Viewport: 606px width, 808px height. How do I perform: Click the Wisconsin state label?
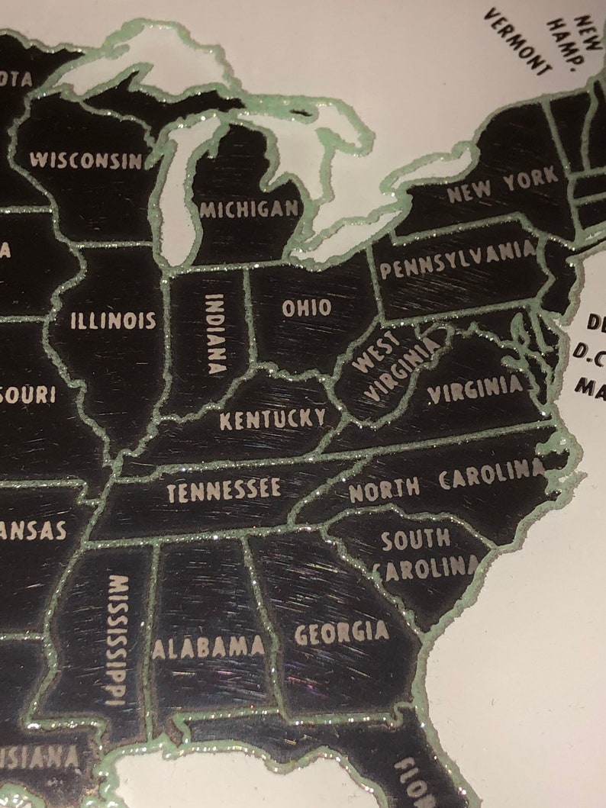click(85, 160)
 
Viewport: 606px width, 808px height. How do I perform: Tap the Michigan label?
click(248, 208)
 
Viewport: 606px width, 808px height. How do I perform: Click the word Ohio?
click(307, 307)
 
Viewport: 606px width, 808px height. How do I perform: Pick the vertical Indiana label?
click(215, 333)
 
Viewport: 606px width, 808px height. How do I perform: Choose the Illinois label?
click(113, 320)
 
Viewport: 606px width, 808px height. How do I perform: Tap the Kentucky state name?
click(272, 418)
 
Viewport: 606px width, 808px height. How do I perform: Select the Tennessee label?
click(224, 491)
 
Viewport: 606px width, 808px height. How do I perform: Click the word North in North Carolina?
click(384, 489)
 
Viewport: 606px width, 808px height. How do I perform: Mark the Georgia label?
click(341, 633)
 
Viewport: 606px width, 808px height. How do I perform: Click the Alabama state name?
click(208, 648)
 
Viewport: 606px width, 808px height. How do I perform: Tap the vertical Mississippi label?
click(117, 639)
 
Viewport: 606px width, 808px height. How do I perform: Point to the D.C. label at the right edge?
click(590, 354)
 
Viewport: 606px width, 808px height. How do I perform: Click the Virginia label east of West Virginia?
click(475, 391)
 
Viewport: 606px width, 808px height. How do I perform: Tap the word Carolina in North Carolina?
click(492, 475)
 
